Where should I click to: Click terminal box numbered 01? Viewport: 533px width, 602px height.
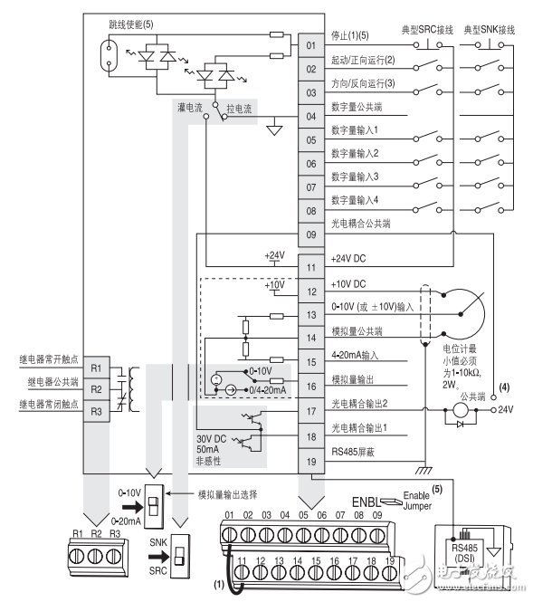click(309, 45)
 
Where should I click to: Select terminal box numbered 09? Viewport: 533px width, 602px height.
click(309, 234)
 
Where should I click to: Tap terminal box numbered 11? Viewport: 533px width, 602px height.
click(309, 268)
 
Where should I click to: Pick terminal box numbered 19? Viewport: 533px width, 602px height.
click(309, 461)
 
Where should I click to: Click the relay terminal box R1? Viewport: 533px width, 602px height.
click(98, 370)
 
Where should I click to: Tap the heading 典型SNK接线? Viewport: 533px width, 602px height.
click(490, 29)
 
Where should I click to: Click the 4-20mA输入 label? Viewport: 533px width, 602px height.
click(357, 355)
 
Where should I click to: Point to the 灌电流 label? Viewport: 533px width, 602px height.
click(190, 107)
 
